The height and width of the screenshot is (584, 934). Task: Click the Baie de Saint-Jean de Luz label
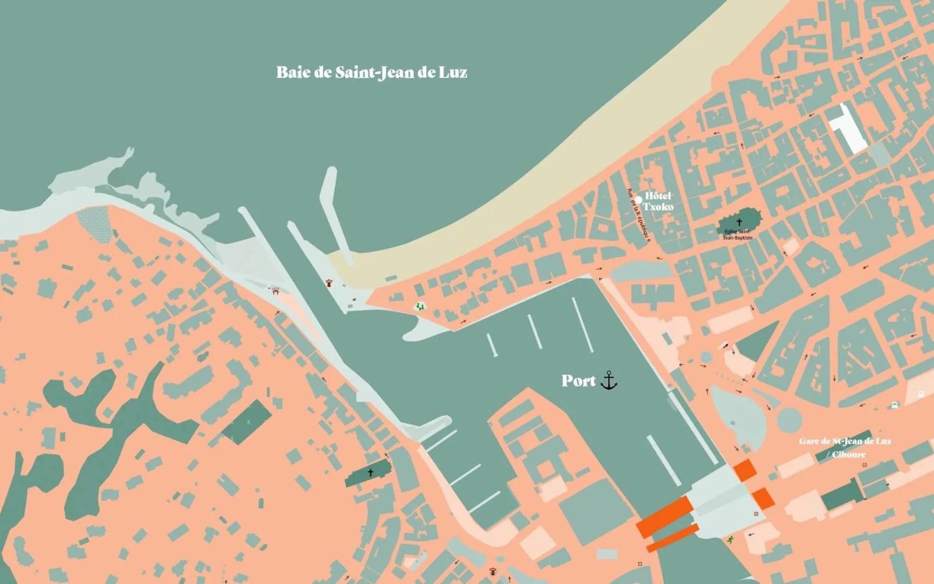pos(371,73)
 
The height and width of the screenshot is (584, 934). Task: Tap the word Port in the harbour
pos(578,381)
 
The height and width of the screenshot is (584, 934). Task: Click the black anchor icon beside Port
pos(609,380)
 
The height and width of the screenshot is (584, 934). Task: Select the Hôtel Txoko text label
pos(658,201)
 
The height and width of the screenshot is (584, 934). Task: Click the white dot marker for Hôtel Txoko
pos(638,200)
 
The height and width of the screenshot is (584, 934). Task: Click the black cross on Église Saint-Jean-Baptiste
pos(739,222)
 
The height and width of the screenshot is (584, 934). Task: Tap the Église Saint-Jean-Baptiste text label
pos(737,235)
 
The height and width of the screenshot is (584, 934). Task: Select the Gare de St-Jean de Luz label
pos(844,442)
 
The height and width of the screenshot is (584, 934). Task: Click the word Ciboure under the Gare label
pos(849,455)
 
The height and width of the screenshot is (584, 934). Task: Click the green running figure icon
pos(730,540)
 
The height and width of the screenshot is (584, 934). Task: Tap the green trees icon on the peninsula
pos(420,307)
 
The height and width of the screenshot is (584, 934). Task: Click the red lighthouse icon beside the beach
pos(329,283)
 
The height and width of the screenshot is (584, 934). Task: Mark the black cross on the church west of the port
pos(371,473)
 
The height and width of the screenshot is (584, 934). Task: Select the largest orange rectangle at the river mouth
pos(664,517)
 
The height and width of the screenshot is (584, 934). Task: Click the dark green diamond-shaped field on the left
pos(247,422)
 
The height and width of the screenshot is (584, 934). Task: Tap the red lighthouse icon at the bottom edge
pos(493,571)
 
